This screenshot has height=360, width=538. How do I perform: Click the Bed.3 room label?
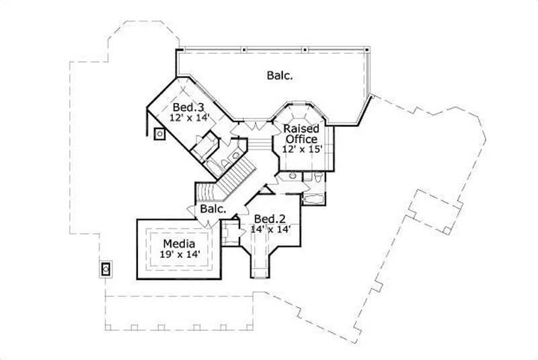(188, 108)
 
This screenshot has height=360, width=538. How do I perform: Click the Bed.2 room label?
(266, 218)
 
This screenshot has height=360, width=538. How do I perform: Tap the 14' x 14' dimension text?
(267, 229)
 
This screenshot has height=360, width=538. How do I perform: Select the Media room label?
(179, 243)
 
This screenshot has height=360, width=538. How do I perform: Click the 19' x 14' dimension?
(179, 254)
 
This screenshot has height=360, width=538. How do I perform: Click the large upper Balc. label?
(278, 75)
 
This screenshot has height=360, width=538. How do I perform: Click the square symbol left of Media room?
(106, 269)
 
